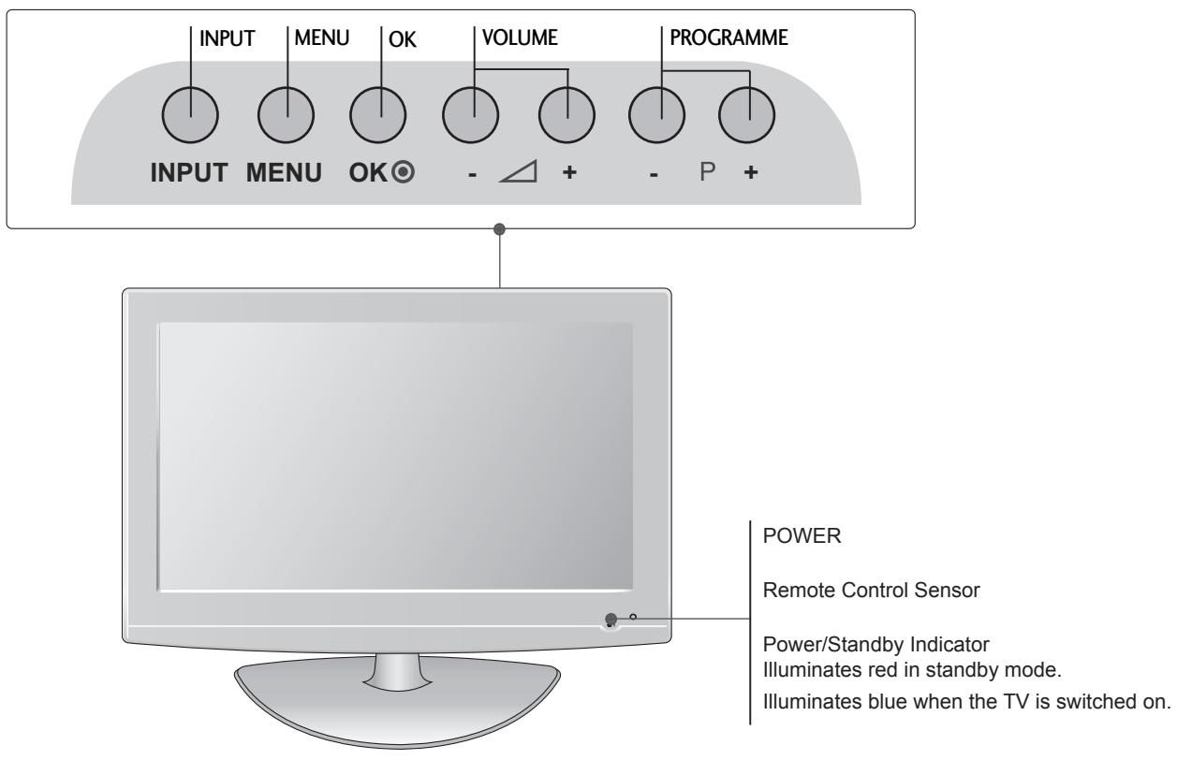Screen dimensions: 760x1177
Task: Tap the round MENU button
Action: [x=286, y=116]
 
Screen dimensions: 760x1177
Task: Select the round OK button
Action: [x=377, y=116]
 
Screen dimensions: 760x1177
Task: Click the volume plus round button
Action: [x=567, y=116]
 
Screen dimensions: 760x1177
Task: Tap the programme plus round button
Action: [x=747, y=116]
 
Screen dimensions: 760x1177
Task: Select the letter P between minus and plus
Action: [x=703, y=176]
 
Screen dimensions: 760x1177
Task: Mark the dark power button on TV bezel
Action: [x=611, y=619]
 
